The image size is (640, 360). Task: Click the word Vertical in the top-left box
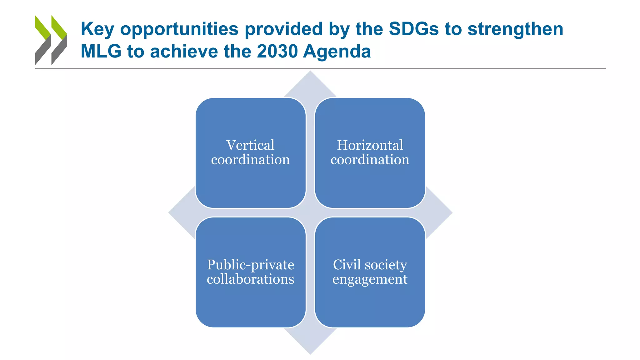[x=250, y=145]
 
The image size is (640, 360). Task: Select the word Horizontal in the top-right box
[x=370, y=145]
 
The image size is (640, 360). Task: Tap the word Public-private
[x=250, y=265]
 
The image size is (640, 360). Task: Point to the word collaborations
[x=250, y=279]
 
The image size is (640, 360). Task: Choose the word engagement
[x=370, y=279]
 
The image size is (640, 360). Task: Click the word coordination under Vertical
[x=250, y=160]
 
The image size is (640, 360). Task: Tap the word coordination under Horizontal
[x=370, y=160]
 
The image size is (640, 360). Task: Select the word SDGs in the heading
[x=414, y=29]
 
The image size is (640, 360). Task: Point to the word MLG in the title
[x=101, y=51]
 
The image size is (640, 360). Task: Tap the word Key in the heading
[x=97, y=29]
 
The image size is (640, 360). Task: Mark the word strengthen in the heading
[x=515, y=29]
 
